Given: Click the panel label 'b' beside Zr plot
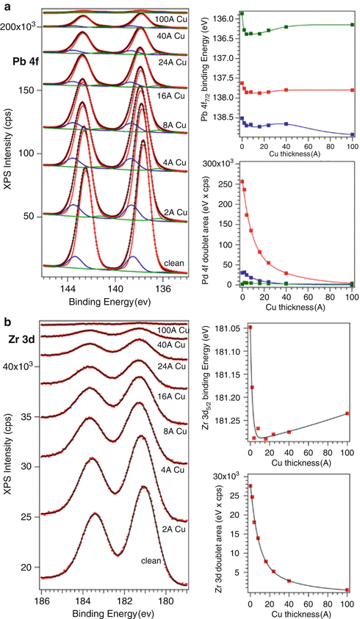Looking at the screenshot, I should point(7,322).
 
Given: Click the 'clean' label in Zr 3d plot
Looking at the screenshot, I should point(152,560).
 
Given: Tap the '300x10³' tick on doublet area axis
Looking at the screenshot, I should point(220,164).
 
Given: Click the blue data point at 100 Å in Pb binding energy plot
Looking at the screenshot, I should point(353,134).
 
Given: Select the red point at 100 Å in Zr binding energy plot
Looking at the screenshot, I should point(348,413).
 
